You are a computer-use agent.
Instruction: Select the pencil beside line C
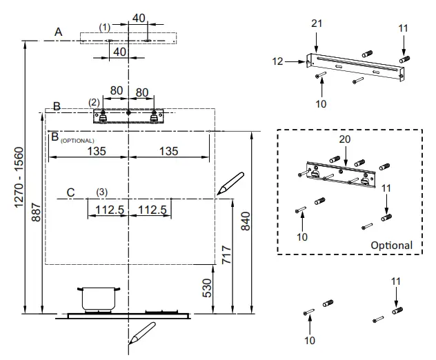coord(230,183)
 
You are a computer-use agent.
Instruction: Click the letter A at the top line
coord(59,32)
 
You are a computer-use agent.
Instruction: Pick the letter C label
coord(70,192)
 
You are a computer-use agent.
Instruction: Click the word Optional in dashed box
coord(391,245)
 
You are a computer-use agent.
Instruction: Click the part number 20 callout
coord(345,139)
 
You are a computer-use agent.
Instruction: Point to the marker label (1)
coord(104,27)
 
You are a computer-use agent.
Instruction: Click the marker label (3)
coord(101,191)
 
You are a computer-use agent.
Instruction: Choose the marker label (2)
coord(94,102)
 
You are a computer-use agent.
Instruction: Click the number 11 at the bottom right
coord(396,281)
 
